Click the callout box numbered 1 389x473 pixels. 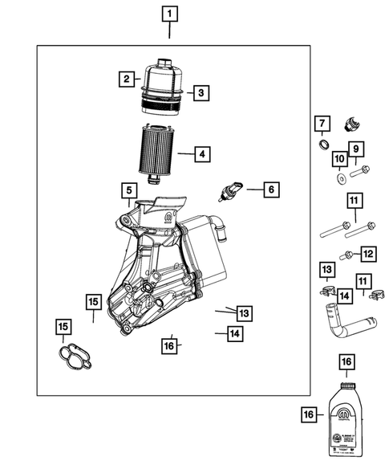coord(169,14)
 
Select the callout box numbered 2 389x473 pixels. coord(127,79)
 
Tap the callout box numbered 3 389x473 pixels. coord(201,93)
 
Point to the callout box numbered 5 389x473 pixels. coord(128,190)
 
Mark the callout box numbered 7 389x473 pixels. coord(321,123)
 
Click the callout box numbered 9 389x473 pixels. coord(355,149)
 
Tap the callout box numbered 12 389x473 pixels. coord(367,254)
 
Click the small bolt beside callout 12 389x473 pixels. coord(348,255)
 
